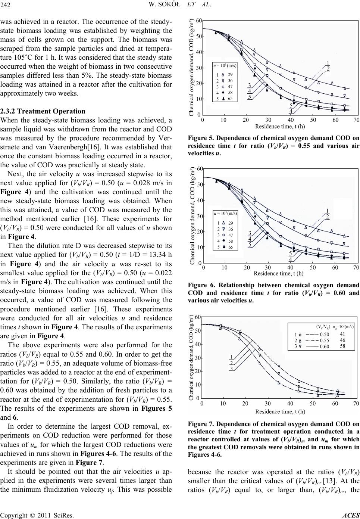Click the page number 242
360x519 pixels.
click(x=5, y=5)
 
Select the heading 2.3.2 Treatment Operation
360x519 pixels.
click(x=43, y=111)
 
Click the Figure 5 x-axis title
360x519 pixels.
click(x=280, y=127)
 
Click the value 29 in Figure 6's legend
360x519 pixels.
click(x=231, y=223)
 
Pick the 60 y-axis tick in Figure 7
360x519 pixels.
click(x=198, y=317)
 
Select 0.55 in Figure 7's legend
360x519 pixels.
click(x=324, y=341)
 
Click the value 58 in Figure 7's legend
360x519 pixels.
click(x=342, y=346)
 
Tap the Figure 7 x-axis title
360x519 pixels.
click(x=280, y=411)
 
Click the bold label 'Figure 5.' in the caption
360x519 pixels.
click(x=201, y=138)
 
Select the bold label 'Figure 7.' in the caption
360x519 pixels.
click(x=201, y=424)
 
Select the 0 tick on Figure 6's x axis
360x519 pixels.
click(x=203, y=268)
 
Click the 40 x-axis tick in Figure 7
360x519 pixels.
click(x=290, y=403)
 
